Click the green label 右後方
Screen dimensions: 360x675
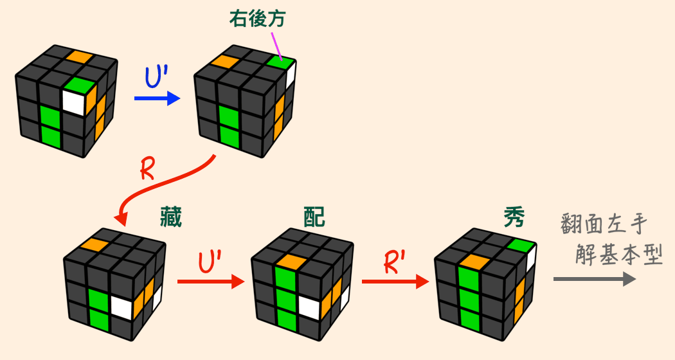[x=257, y=19]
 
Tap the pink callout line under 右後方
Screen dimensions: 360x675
[x=277, y=44]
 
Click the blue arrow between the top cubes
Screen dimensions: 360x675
[x=157, y=98]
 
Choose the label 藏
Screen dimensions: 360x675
[x=170, y=219]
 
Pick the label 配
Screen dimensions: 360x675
[x=314, y=219]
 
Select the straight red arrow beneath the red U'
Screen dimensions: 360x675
[x=210, y=282]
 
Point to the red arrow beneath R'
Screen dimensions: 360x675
[x=395, y=282]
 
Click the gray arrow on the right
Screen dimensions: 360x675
[x=594, y=279]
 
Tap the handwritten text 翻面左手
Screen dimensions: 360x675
[x=602, y=226]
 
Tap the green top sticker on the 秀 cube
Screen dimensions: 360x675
[x=519, y=245]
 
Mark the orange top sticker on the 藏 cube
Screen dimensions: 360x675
[x=94, y=244]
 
